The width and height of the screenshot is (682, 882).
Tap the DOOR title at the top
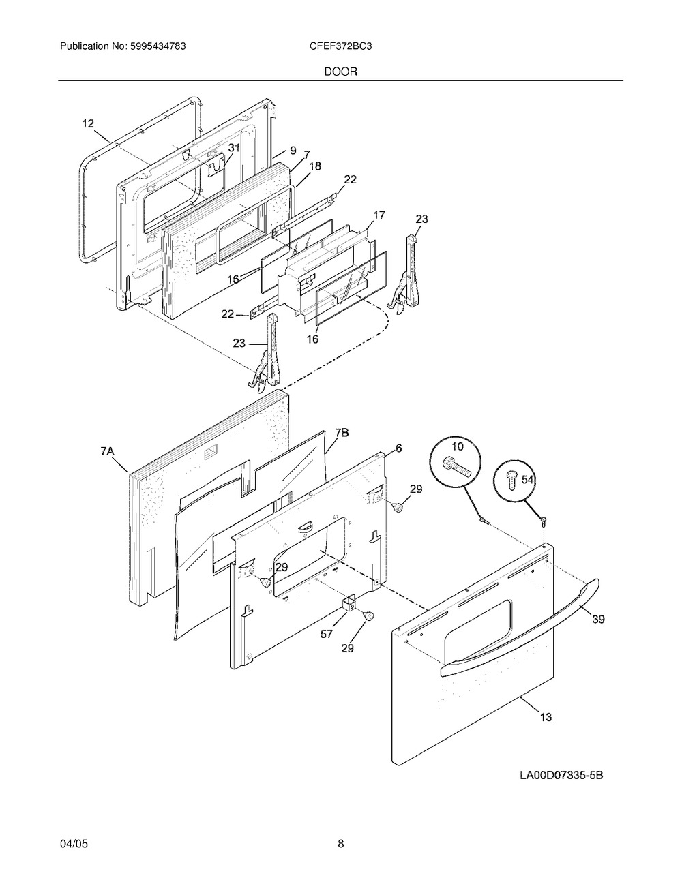[340, 71]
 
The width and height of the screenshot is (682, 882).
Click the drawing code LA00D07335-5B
[562, 775]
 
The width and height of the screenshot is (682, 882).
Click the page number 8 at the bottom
[340, 844]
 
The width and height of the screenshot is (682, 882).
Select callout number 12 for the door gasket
[88, 123]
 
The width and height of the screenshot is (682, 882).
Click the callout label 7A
[108, 451]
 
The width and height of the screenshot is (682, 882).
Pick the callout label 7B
[342, 432]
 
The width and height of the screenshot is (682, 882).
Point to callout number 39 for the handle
[597, 620]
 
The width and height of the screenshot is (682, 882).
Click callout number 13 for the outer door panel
[546, 717]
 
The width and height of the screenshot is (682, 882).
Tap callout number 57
[327, 634]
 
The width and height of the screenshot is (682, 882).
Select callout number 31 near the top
[234, 148]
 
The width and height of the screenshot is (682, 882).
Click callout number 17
[379, 215]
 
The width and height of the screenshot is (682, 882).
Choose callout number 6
[398, 448]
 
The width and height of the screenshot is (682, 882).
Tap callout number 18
[315, 166]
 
